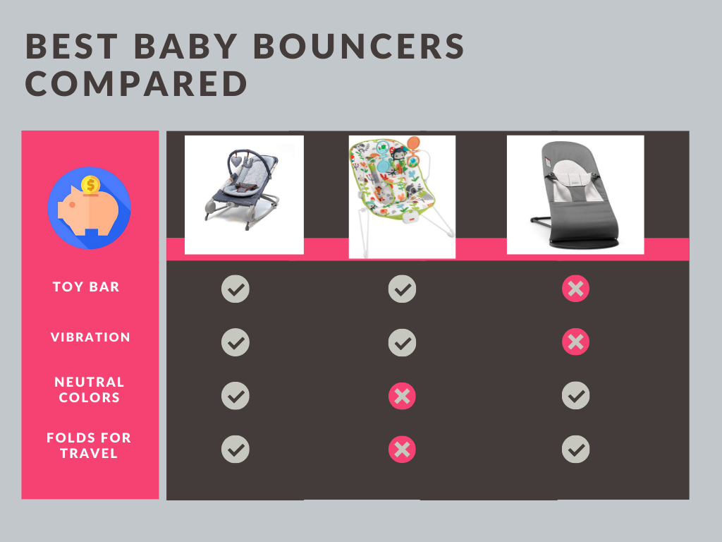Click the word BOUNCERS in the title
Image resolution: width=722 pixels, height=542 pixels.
[x=359, y=46]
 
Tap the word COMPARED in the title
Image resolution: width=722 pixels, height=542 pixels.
[x=137, y=84]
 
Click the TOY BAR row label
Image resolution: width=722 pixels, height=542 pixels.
[x=86, y=287]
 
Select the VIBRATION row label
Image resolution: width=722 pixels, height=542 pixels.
[x=90, y=337]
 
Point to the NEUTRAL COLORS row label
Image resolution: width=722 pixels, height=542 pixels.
[x=90, y=390]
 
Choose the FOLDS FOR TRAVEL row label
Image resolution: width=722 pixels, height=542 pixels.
[x=89, y=445]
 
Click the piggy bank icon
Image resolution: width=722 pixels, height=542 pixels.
[x=89, y=208]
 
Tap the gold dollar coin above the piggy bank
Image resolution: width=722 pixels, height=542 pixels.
[x=90, y=186]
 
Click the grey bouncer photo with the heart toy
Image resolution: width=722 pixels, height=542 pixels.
[x=244, y=195]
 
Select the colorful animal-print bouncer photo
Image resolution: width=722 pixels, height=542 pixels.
[x=402, y=197]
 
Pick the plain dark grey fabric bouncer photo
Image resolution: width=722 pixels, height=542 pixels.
[x=575, y=195]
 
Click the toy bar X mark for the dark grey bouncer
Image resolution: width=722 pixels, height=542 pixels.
[x=575, y=289]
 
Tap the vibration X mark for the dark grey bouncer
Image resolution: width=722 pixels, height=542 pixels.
[x=575, y=342]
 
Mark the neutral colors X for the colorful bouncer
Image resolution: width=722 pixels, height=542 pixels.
[x=402, y=396]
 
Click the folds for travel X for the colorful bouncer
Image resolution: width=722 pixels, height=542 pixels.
[x=402, y=450]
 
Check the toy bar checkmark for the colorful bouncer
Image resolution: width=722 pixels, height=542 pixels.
[x=402, y=289]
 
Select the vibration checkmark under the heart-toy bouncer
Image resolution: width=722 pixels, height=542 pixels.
[x=235, y=342]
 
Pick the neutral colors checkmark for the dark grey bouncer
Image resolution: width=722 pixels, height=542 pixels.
[x=575, y=395]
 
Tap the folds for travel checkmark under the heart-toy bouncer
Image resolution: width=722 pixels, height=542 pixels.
[x=235, y=450]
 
